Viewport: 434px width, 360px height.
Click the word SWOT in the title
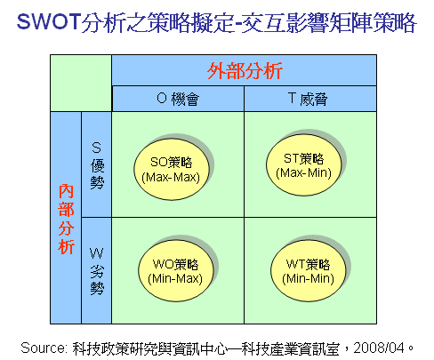[49, 21]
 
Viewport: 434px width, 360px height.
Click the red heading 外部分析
[245, 71]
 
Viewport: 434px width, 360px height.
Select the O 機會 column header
[178, 99]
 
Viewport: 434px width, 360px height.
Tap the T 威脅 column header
[308, 99]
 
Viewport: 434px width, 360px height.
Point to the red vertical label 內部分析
[66, 219]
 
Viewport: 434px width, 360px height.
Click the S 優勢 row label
[97, 165]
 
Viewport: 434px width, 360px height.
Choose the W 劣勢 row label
[97, 271]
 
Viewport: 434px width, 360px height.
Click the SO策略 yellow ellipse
[172, 169]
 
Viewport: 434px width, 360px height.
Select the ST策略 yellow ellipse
[303, 164]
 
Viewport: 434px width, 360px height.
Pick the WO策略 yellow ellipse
[176, 271]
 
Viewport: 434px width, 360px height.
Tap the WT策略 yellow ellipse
[309, 271]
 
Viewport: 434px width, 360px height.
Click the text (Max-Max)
[171, 178]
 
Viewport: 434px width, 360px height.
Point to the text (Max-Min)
[303, 172]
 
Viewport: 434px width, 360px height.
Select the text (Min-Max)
[175, 279]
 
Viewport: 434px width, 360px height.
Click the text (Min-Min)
[309, 279]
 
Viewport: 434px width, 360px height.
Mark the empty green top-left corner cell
[81, 83]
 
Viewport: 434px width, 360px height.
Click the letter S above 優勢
[96, 148]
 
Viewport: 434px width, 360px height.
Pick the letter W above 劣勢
[97, 253]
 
